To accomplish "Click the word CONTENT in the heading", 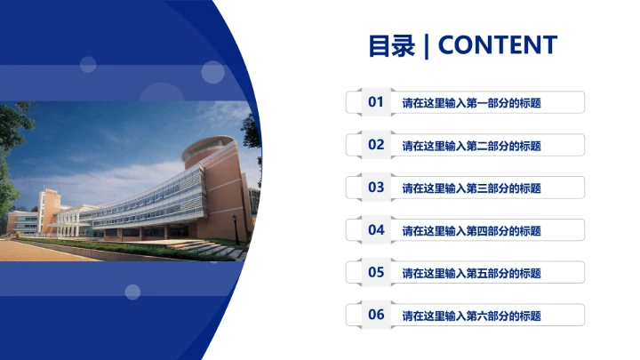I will [x=498, y=45].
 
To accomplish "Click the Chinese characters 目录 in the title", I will [x=392, y=45].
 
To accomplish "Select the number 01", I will [x=376, y=102].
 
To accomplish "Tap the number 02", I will [x=376, y=145].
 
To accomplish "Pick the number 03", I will [x=376, y=188].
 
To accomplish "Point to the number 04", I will [x=376, y=230].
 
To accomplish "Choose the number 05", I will [x=376, y=273].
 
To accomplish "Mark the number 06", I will [x=376, y=315].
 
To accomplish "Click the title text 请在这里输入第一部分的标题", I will [x=471, y=103].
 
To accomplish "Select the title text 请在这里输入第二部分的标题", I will [x=471, y=146].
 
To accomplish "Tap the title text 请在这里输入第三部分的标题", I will [x=471, y=188].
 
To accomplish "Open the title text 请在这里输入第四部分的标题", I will [x=471, y=231].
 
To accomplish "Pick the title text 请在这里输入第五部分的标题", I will [x=471, y=274].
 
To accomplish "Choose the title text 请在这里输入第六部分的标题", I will [x=471, y=316].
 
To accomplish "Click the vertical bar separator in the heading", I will [x=428, y=46].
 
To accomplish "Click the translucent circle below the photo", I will [x=132, y=292].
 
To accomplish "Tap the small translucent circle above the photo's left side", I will [x=88, y=64].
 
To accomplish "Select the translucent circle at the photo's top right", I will [x=212, y=72].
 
